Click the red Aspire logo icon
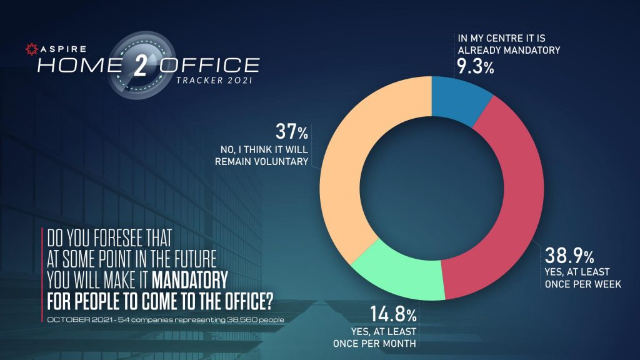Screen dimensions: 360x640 click(x=28, y=48)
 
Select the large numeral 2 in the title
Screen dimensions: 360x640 click(x=140, y=66)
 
